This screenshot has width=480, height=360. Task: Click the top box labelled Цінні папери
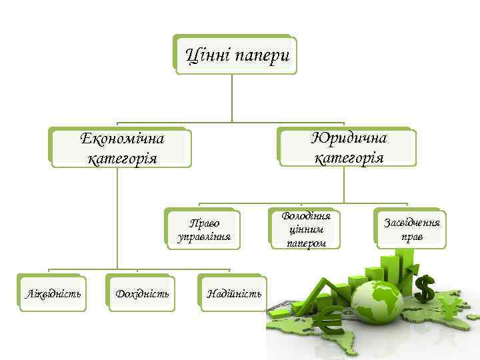pos(236,55)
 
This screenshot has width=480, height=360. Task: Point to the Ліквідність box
pos(53,293)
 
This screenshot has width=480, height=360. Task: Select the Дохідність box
pos(141,293)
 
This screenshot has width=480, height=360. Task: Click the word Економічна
pos(122,139)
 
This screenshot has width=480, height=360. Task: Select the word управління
pos(204,236)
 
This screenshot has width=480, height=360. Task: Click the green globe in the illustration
pos(376,303)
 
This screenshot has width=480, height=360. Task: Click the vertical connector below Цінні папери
pos(231,97)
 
